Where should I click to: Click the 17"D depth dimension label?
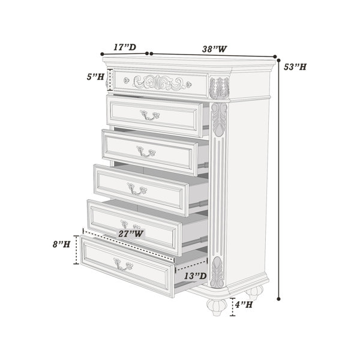pos(125,47)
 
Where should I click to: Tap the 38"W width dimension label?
pos(214,49)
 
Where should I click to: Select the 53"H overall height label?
pos(295,67)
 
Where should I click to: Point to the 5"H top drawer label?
pos(95,76)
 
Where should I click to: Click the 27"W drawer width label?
pos(131,234)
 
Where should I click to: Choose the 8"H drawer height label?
pos(61,244)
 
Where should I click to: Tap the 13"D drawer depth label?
pos(196,276)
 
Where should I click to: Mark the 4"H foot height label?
pos(244,305)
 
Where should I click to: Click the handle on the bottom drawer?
pos(123,264)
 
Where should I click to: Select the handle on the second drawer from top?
pos(149,115)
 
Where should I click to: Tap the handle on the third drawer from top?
pos(146,151)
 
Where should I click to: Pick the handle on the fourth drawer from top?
pos(137,189)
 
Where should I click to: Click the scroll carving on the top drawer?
pos(160,82)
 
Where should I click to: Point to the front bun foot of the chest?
pos(217,307)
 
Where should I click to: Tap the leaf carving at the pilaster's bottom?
pos(217,272)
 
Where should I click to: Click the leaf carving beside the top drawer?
pos(219,88)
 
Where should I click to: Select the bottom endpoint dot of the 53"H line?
pos(279,299)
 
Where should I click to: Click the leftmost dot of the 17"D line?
pos(103,54)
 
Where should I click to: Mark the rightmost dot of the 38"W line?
pos(275,57)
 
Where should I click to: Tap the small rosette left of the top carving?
pos(126,80)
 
